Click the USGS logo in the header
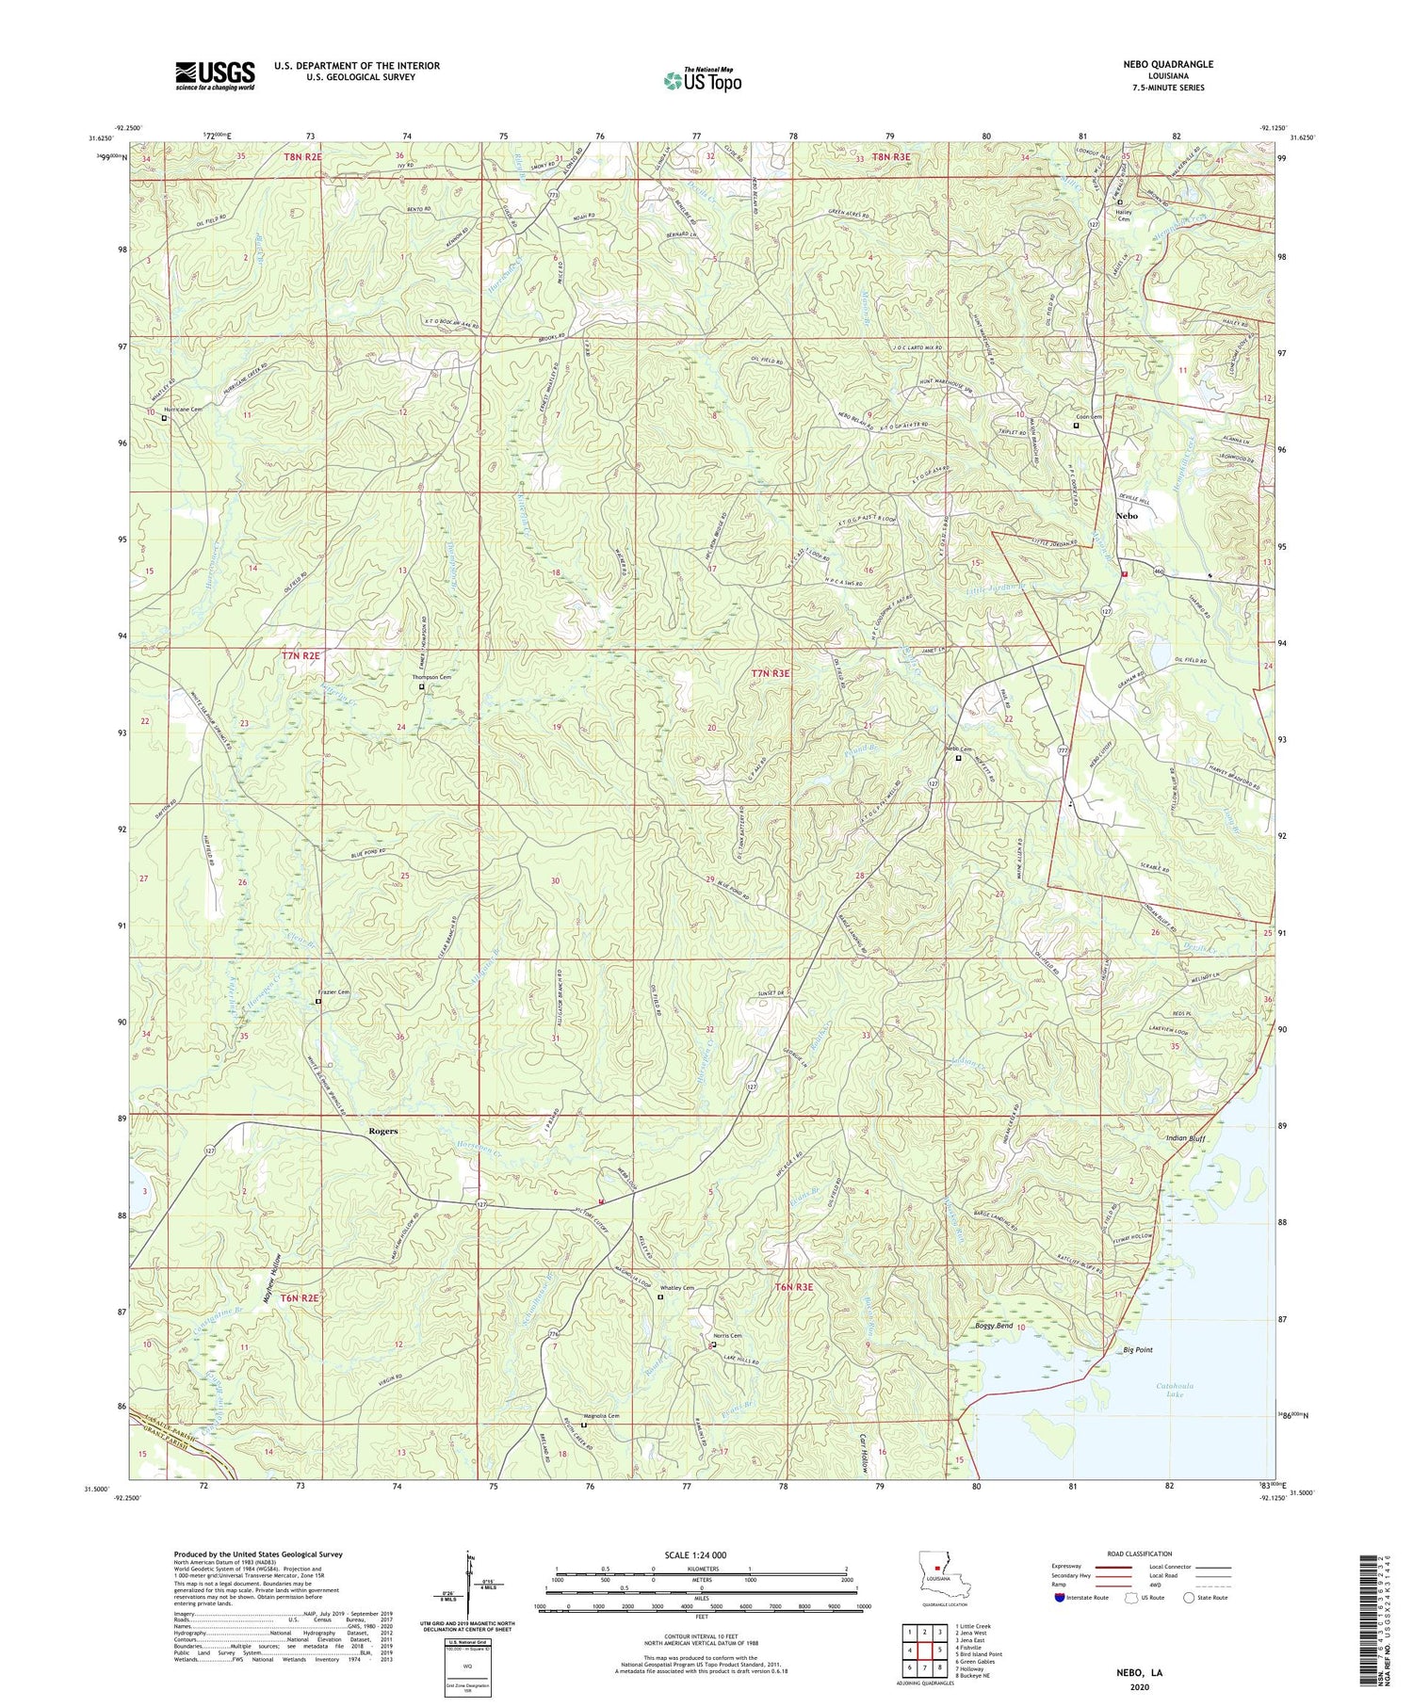pos(215,75)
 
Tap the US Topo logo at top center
pos(702,81)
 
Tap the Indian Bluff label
pos(1185,1139)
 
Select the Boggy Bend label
pos(992,1326)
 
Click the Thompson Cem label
pos(431,677)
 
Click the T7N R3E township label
pos(770,673)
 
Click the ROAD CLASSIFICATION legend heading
pos(1140,1554)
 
